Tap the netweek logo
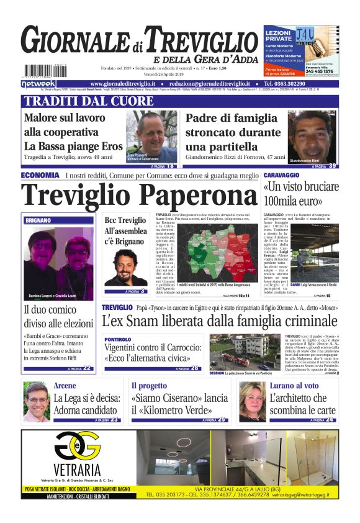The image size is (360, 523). tap(38, 83)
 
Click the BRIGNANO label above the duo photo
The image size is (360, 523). tap(39, 220)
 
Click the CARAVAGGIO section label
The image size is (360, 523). tap(284, 176)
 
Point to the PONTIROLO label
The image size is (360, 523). tap(118, 340)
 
